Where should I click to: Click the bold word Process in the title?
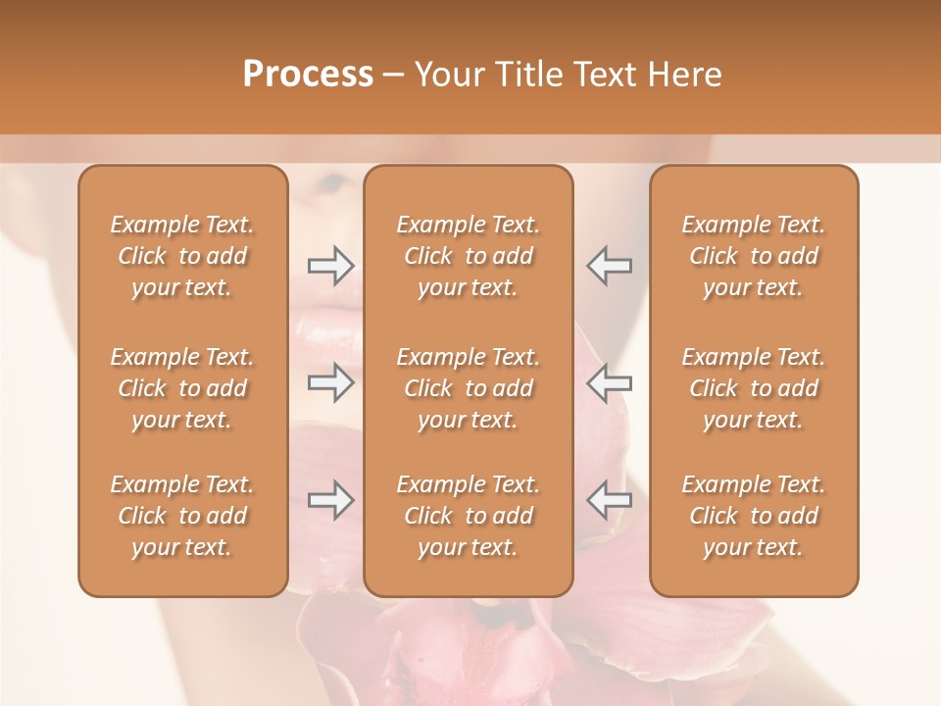308,75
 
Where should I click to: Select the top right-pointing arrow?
330,266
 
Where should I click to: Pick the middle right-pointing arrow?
330,382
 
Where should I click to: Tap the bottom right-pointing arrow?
330,500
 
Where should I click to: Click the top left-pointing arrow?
609,266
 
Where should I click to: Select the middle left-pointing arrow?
609,382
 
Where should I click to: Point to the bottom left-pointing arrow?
609,500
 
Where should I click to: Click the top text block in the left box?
182,256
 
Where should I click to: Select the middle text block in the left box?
182,388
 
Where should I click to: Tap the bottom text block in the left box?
182,516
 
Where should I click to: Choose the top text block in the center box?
469,256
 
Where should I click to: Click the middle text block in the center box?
469,388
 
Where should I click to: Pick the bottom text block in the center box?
469,516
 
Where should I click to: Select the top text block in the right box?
754,256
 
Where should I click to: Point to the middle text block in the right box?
754,388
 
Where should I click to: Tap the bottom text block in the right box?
754,516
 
